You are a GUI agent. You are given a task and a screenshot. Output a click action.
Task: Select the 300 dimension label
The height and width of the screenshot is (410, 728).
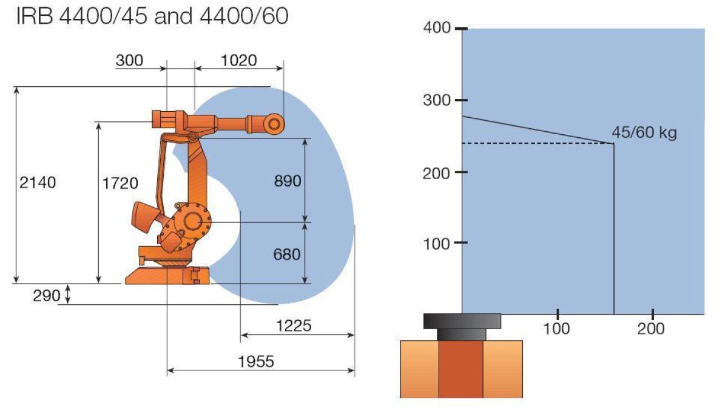coord(129,60)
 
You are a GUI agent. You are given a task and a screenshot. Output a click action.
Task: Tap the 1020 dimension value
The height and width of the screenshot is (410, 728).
coord(239,60)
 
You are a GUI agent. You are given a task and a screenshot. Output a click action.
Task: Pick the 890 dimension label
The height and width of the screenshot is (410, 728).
coord(287,182)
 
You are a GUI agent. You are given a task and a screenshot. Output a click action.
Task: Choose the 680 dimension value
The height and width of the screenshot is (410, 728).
coord(287,254)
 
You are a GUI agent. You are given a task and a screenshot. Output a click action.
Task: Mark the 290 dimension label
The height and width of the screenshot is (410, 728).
coord(47,296)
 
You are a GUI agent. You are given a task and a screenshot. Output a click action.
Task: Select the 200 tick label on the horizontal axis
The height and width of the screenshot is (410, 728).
coord(652,329)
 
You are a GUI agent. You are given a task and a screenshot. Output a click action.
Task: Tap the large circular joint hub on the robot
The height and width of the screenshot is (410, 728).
coord(193,221)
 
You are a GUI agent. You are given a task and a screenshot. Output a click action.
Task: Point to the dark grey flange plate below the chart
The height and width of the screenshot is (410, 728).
coord(462,321)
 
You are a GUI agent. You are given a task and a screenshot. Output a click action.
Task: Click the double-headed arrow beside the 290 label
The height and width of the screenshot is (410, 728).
coord(68,295)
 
